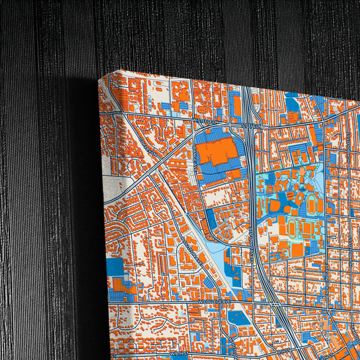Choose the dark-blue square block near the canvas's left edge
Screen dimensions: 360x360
(115, 267)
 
